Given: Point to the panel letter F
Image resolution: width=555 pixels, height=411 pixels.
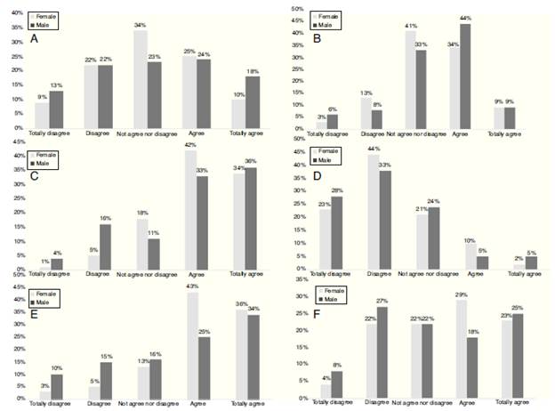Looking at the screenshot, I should tap(318, 315).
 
